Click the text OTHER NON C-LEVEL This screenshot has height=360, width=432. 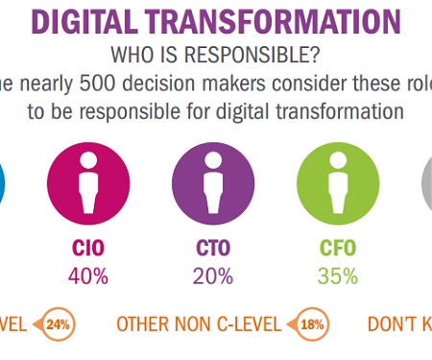pyautogui.click(x=199, y=324)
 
